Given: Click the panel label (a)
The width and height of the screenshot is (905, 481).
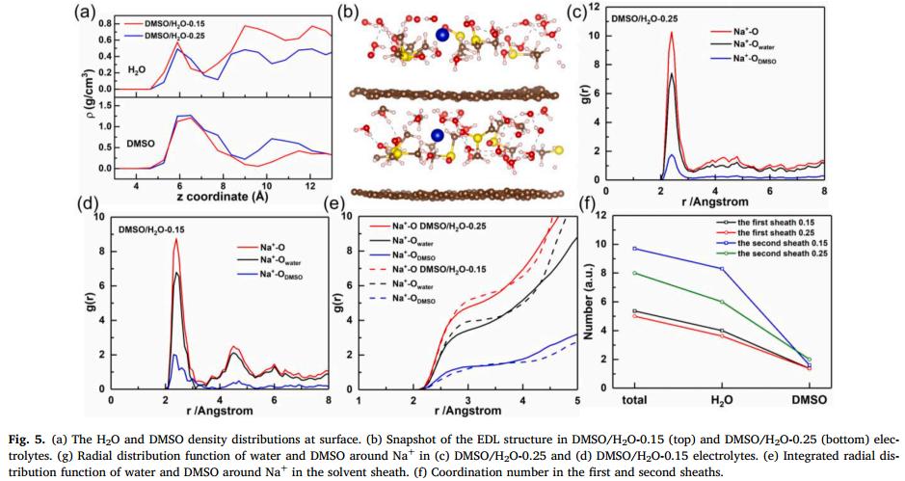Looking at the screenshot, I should [x=85, y=13].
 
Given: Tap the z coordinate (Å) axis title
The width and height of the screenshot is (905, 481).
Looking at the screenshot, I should [x=228, y=198].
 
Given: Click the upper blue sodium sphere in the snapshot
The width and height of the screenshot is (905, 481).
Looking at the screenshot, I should [x=441, y=36].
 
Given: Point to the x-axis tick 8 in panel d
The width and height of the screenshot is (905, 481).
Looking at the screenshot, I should [x=328, y=400].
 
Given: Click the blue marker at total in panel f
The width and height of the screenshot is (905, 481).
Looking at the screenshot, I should [x=633, y=248].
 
